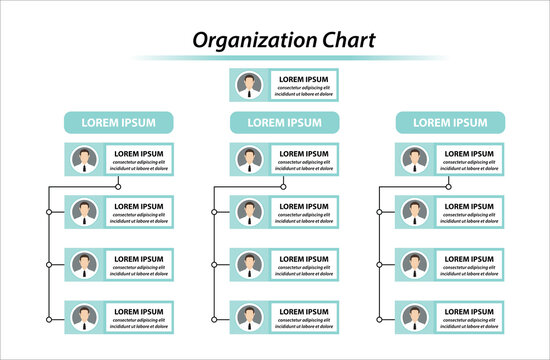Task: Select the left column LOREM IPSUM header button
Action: [119, 122]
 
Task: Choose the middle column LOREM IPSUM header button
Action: [284, 122]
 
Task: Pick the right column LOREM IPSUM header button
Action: [450, 122]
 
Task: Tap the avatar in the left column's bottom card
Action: [84, 316]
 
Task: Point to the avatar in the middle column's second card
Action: [249, 212]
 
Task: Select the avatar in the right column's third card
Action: [415, 264]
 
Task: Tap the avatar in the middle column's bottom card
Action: [249, 316]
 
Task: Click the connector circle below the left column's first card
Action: [118, 186]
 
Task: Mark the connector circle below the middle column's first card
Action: [283, 186]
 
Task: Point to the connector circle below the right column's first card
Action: [449, 186]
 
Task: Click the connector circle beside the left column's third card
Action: [48, 264]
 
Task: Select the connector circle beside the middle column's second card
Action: [214, 212]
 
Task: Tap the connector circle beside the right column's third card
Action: [380, 264]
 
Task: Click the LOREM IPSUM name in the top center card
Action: [303, 79]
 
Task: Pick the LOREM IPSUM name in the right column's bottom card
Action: [468, 311]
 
